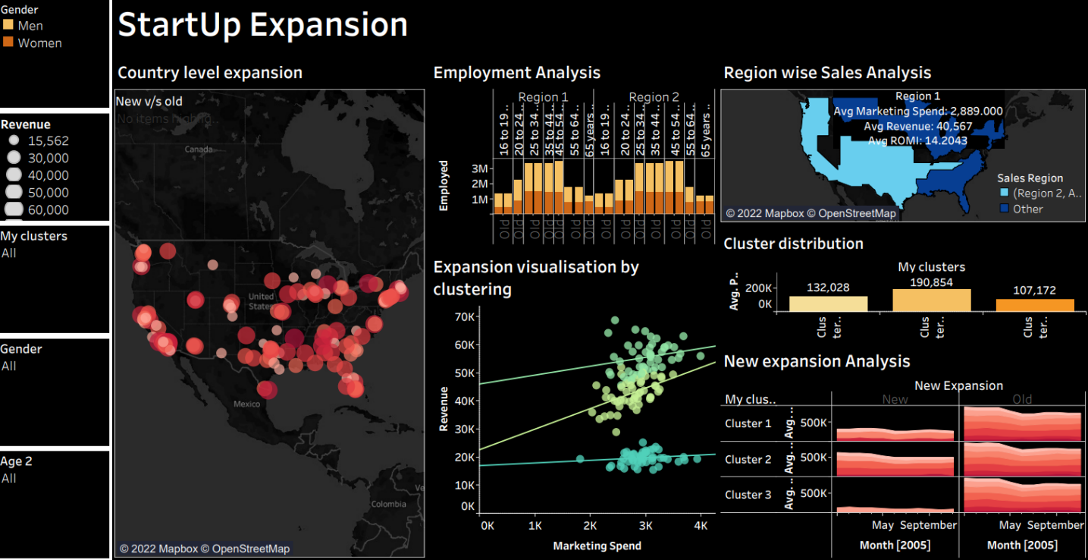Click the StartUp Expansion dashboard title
262,25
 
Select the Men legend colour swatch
8,25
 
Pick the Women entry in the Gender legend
39,43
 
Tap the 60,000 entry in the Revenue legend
48,209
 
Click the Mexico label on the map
247,404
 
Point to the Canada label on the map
199,149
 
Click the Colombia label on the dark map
388,504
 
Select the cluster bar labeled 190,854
931,300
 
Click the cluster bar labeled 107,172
1035,305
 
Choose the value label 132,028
828,288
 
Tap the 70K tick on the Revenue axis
464,316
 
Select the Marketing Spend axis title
597,546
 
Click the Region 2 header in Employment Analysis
654,97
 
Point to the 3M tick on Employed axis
479,168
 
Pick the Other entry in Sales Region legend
1028,209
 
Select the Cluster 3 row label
748,495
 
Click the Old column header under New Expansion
1021,399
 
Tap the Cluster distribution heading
793,244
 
